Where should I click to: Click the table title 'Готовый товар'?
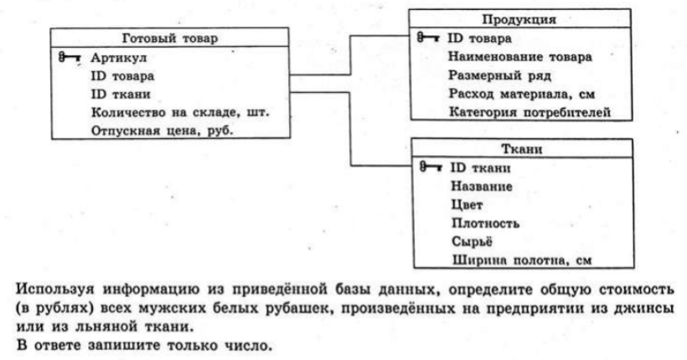point(169,39)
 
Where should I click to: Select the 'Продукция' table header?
point(519,20)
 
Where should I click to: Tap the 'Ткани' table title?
point(522,149)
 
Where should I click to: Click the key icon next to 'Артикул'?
point(70,58)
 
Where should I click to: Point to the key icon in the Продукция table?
point(428,38)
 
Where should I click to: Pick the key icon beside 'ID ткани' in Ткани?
point(431,167)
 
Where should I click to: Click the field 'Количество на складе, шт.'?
point(180,112)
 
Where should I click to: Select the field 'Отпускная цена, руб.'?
point(162,131)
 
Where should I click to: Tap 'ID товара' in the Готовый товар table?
point(122,76)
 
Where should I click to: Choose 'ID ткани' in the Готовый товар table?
point(121,94)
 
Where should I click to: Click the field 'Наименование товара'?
point(519,57)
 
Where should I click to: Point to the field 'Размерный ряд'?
point(499,75)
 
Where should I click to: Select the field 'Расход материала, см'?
point(521,94)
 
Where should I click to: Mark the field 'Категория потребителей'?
point(530,112)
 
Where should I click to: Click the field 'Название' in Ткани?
point(482,187)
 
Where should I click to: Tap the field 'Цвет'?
point(467,205)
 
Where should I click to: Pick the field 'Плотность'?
point(485,224)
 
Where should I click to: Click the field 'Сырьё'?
point(472,241)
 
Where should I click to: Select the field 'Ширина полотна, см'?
point(522,260)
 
